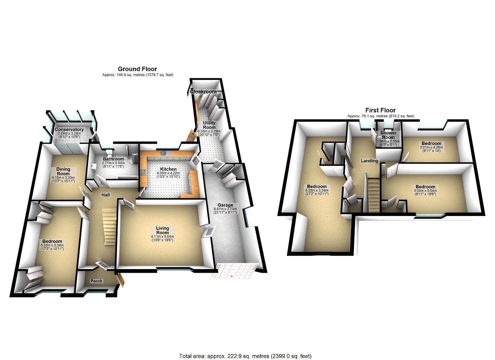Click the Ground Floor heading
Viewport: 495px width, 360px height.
[x=137, y=69]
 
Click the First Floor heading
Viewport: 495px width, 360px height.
[x=380, y=110]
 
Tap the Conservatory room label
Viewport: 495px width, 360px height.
[x=69, y=130]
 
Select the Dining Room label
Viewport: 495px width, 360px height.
[x=63, y=171]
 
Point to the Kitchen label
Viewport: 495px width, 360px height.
[x=168, y=169]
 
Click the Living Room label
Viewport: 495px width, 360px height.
[x=162, y=230]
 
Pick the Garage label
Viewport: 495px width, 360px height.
[x=225, y=205]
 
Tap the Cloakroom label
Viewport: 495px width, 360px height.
[x=203, y=91]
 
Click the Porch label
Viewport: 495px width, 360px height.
[x=96, y=281]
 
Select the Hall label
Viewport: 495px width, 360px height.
[x=106, y=195]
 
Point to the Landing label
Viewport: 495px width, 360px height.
[x=369, y=161]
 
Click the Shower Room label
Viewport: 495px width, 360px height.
[x=388, y=135]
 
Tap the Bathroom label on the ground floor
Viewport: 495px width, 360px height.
[x=113, y=159]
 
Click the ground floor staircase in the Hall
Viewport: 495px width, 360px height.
[x=109, y=225]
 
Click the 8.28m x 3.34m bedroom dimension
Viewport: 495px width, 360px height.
[x=317, y=190]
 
